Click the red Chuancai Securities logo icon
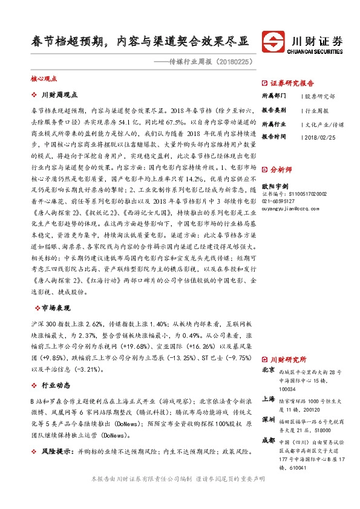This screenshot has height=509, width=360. pos(275,42)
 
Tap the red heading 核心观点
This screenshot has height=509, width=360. pos(44,79)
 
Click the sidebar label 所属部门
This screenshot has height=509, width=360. pos(274,96)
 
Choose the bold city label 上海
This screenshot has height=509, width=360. pos(269,399)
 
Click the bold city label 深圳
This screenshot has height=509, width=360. pos(269,419)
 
